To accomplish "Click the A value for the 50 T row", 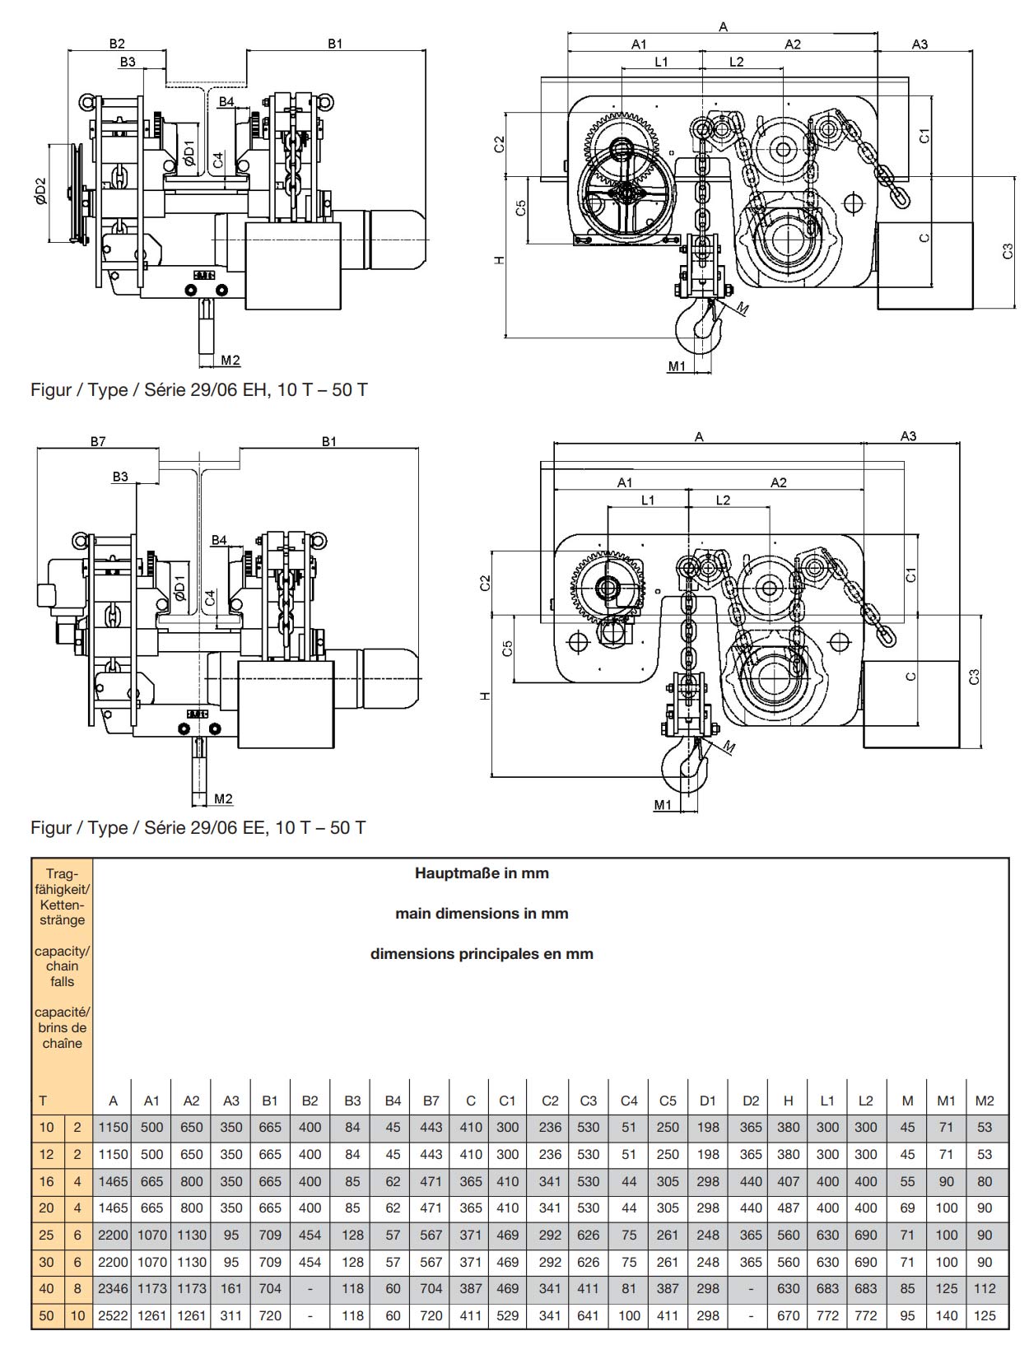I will pyautogui.click(x=113, y=1315).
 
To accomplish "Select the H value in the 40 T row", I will pyautogui.click(x=788, y=1288).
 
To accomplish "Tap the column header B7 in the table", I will pyautogui.click(x=431, y=1101).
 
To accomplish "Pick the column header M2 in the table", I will pyautogui.click(x=985, y=1101).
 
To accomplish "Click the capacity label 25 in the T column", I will pyautogui.click(x=46, y=1235).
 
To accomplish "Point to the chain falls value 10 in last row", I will pyautogui.click(x=77, y=1315).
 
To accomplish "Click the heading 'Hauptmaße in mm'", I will pyautogui.click(x=482, y=873).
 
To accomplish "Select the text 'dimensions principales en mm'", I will pyautogui.click(x=482, y=954).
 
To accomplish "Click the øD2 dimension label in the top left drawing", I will pyautogui.click(x=41, y=192).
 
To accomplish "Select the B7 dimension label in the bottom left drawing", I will pyautogui.click(x=98, y=442).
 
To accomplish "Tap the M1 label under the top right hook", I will pyautogui.click(x=677, y=366).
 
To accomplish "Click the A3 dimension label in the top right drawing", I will pyautogui.click(x=920, y=44).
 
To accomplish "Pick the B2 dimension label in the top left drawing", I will pyautogui.click(x=117, y=44).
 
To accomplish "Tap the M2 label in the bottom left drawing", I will pyautogui.click(x=223, y=798).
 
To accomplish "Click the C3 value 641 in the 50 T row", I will pyautogui.click(x=588, y=1315).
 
